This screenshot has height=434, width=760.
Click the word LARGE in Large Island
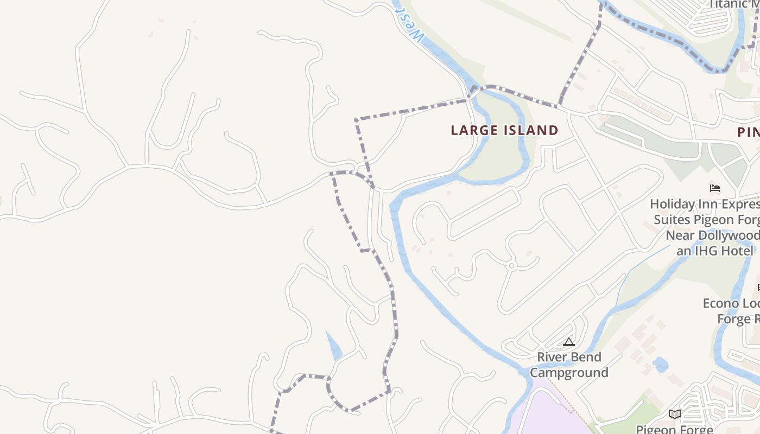[x=474, y=131]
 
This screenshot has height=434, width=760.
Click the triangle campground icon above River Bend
[x=568, y=342]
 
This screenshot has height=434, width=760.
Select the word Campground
[x=569, y=373]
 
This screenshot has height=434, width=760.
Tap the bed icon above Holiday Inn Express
[x=715, y=188]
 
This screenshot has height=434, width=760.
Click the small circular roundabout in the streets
[x=511, y=266]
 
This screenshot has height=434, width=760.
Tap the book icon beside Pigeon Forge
[x=674, y=414]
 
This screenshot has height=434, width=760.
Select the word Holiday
[x=673, y=205]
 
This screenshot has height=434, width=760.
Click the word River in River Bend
[x=553, y=357]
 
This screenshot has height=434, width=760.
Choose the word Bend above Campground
[x=586, y=357]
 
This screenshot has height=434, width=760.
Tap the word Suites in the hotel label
[x=672, y=220]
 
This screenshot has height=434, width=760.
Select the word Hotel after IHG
[x=738, y=251]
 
